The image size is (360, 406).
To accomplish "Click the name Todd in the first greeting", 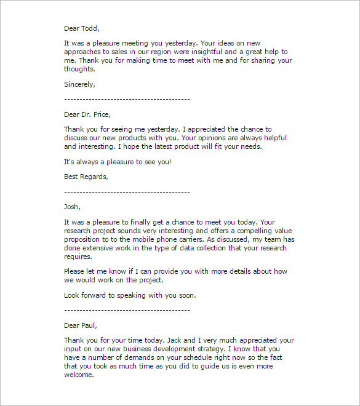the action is [90, 28].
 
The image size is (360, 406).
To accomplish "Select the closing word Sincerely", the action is [79, 84].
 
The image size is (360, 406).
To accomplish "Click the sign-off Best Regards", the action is [86, 177].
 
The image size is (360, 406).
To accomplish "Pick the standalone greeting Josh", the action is [72, 207].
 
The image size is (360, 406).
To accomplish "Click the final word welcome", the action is [78, 375].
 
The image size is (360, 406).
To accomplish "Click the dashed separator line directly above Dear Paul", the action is [127, 311].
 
